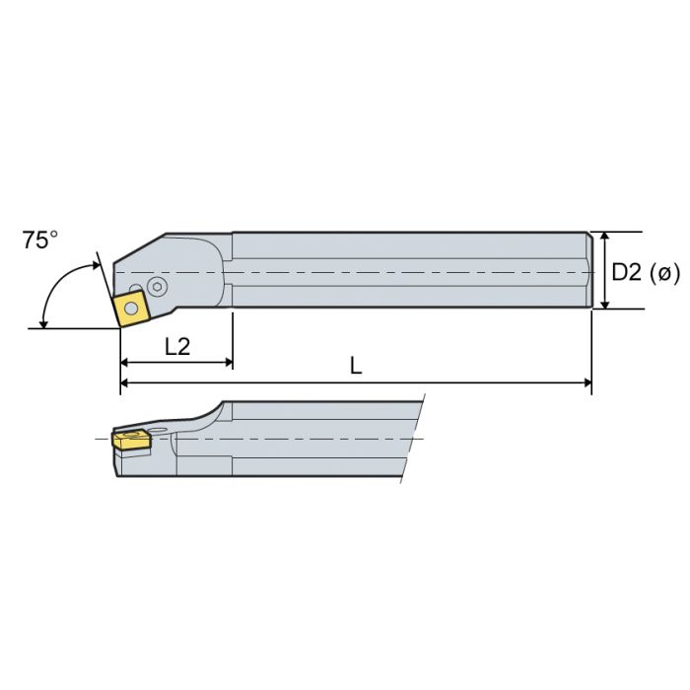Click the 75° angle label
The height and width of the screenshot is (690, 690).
coord(40,241)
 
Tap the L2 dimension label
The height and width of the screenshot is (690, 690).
coord(177,346)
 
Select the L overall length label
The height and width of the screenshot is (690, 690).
coord(356,365)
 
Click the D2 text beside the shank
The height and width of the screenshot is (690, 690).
coord(627,272)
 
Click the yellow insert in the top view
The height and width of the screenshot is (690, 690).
coord(131,308)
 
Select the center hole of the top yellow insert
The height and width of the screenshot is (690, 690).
coord(131,308)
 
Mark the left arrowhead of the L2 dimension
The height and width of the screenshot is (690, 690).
coord(125,363)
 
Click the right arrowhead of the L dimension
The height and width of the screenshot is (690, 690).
coord(586,383)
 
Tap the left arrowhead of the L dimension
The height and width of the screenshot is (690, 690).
coord(125,383)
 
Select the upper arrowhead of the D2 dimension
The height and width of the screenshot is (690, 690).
coord(604,238)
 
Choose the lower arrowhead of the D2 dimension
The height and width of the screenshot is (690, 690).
coord(604,303)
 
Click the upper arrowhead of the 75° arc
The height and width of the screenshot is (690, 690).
coord(96,264)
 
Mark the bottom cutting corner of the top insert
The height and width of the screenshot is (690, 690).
coord(119,327)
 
